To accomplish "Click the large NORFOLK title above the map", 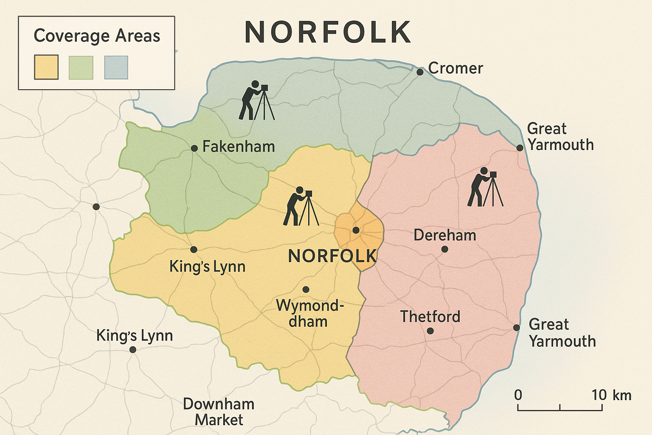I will tap(328, 32).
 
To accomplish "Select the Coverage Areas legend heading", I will tap(97, 36).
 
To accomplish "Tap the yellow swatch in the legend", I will tap(46, 67).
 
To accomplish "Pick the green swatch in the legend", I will tap(81, 67).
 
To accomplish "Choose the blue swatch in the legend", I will tap(116, 67).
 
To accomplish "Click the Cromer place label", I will tap(455, 68).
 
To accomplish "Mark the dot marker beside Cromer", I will tap(420, 72).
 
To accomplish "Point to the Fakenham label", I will tap(239, 147).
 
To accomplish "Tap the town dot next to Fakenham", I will tap(194, 148).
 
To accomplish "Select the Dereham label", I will tap(445, 235).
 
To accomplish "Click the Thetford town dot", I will tap(430, 330).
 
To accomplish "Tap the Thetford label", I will tap(430, 316).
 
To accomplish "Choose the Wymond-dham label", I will tap(309, 313).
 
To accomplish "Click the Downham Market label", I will tap(219, 412).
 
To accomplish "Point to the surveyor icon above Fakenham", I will tap(256, 100).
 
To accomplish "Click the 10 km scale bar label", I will tap(611, 395).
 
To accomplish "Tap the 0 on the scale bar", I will tap(518, 395).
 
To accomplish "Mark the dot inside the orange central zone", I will tap(356, 230).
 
